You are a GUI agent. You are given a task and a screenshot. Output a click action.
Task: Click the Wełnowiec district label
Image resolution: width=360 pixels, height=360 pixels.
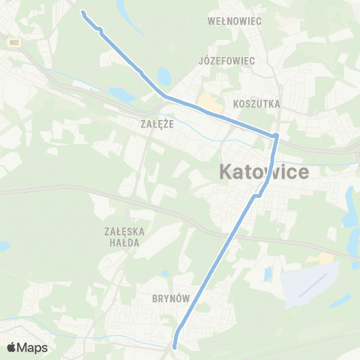[234, 21]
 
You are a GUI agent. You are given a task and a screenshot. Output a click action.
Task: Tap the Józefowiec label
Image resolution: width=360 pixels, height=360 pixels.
[227, 60]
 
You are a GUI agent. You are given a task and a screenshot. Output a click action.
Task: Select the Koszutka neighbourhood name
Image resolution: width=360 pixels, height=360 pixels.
[257, 103]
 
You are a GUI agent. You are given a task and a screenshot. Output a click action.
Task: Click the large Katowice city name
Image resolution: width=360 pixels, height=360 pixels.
[265, 172]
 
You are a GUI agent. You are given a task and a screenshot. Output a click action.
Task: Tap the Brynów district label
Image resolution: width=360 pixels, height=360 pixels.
[169, 298]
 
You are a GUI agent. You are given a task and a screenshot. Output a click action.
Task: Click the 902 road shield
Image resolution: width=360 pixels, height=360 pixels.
[13, 43]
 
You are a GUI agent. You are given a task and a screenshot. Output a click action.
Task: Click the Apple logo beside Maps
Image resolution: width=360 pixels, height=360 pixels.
[12, 347]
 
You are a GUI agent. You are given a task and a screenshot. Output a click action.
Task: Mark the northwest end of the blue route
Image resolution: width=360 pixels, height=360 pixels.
[82, 13]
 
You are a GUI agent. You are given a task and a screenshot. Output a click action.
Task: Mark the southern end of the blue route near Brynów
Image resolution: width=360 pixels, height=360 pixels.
[174, 346]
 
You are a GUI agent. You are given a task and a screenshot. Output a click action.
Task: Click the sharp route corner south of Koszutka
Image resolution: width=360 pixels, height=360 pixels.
[276, 136]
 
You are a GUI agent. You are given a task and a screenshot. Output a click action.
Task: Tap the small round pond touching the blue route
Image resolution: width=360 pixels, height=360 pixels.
[163, 76]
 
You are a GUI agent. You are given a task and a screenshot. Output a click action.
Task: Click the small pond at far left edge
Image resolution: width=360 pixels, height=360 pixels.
[4, 245]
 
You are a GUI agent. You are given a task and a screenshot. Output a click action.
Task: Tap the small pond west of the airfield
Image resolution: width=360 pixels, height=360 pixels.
[268, 274]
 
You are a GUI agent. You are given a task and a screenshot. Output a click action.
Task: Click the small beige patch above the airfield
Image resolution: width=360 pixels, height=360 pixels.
[325, 258]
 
